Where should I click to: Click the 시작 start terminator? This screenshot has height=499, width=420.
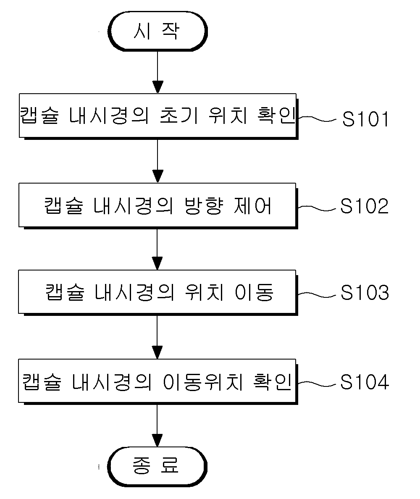point(157,31)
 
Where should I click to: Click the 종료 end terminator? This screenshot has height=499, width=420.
point(157,467)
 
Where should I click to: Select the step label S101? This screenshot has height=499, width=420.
point(365,119)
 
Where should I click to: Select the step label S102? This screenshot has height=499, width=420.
point(365,206)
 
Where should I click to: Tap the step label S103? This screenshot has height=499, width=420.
point(365,292)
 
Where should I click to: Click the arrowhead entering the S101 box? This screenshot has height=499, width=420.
point(157,87)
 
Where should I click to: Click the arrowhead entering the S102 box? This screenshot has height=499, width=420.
point(157,176)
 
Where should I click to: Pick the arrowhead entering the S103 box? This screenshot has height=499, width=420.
point(157,263)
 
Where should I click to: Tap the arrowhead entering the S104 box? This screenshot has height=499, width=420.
point(157,352)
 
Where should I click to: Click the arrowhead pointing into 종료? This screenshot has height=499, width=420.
point(157,441)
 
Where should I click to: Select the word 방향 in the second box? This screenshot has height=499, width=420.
point(204,206)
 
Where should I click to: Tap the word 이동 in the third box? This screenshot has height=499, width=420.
point(254,292)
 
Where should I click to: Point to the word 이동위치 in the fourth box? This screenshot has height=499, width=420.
point(203,382)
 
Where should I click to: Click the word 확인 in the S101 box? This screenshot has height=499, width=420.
point(276,115)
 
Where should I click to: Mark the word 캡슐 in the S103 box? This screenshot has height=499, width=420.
point(65,292)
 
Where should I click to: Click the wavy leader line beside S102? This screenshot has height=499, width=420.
point(317,208)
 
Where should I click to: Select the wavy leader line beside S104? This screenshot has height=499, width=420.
point(317,384)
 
